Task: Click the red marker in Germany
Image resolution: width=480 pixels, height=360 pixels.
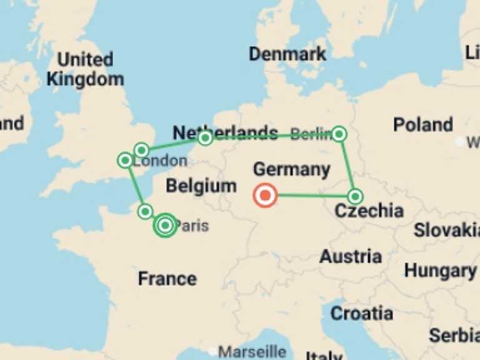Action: point(265,196)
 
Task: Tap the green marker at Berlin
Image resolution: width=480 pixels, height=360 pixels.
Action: point(339,133)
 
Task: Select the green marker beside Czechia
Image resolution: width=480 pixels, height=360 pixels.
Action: point(355,197)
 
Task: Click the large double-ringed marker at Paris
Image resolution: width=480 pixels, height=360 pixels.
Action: point(165,225)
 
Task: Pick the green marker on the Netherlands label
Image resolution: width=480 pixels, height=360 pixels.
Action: point(205,138)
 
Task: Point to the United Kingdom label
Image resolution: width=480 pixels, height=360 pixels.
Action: point(85,69)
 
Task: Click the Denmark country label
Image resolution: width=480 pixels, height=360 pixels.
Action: point(287,54)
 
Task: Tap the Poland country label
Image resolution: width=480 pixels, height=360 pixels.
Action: point(422,124)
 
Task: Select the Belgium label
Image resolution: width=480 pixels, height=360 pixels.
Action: point(201,186)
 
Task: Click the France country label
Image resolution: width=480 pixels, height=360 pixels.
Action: point(167,278)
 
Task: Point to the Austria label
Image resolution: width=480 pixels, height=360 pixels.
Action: point(351,256)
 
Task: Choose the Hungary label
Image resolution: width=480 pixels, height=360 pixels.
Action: point(440,271)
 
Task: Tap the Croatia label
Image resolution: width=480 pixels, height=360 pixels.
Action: point(362,313)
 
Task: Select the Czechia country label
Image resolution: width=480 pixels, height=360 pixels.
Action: point(369,211)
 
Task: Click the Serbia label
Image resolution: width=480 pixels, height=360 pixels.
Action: point(454,336)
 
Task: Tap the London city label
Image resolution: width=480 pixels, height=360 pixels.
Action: point(161,161)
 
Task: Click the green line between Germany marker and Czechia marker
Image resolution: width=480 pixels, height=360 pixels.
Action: point(312,196)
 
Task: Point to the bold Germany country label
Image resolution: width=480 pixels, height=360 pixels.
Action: point(291,169)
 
